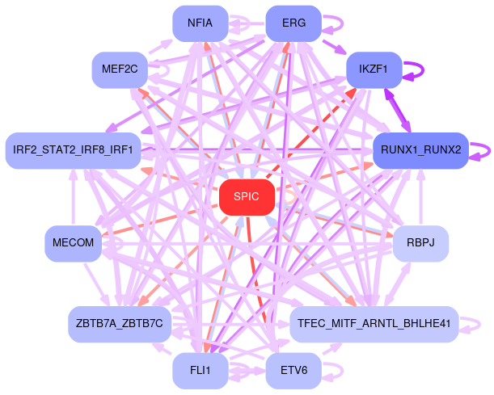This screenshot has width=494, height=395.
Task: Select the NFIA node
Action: [x=200, y=23]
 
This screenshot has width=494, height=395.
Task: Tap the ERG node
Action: [x=293, y=23]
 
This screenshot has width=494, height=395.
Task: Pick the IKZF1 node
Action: [x=374, y=69]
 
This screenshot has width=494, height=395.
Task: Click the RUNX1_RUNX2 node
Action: [x=420, y=150]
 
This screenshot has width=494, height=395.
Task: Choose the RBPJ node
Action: [x=420, y=243]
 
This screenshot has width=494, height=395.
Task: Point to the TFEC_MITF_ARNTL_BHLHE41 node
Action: [x=374, y=324]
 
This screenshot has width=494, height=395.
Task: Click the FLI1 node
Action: [x=200, y=371]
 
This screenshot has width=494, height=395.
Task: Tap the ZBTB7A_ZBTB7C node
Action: [x=120, y=324]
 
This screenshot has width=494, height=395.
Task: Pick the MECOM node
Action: [x=74, y=243]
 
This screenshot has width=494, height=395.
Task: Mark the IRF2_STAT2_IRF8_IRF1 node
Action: [x=74, y=150]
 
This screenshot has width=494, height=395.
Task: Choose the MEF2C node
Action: [x=120, y=69]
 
